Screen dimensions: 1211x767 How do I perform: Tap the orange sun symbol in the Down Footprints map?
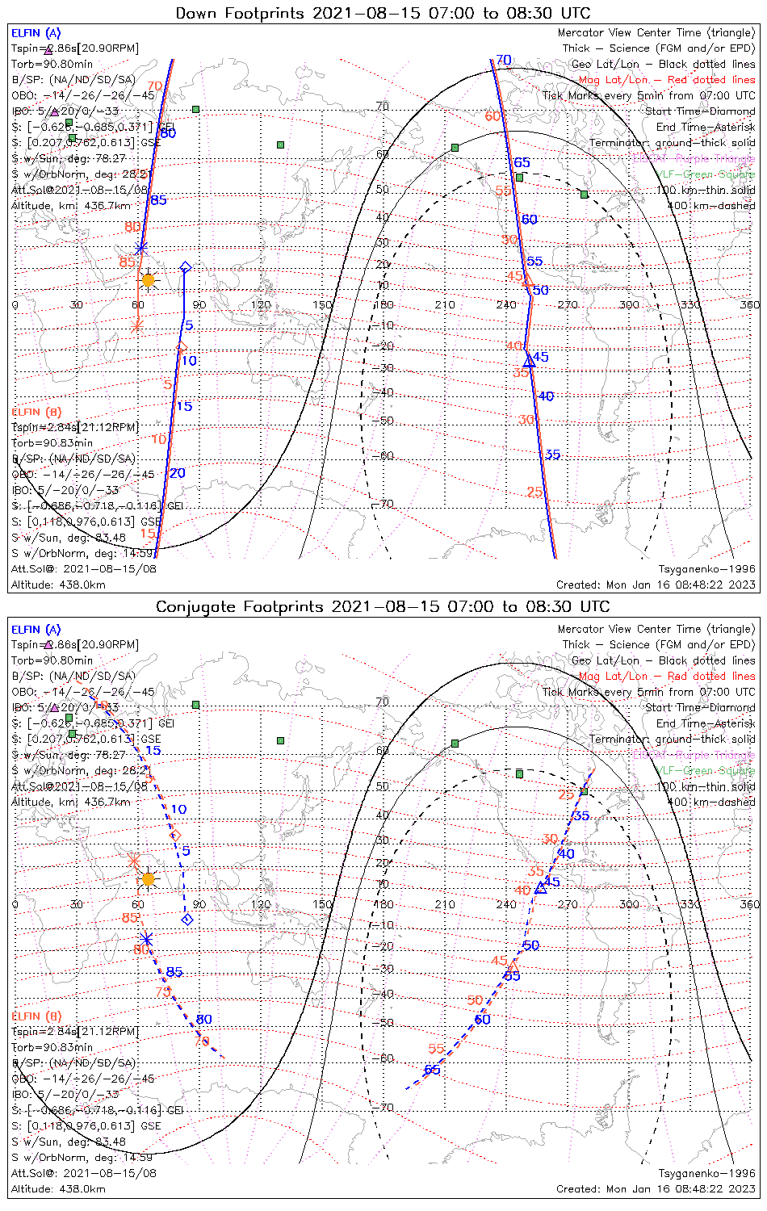[x=148, y=280]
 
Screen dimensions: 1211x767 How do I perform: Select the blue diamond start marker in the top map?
[x=185, y=267]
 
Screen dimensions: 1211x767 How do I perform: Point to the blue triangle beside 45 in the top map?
[x=530, y=360]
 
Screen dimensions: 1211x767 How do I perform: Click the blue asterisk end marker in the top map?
[x=142, y=248]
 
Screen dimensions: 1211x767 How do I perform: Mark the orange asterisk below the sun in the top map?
[x=136, y=325]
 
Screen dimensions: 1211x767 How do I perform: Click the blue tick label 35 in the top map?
[x=552, y=455]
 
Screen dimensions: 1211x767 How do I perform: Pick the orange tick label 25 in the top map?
[x=534, y=492]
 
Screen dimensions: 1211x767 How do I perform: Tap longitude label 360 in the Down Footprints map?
[x=749, y=304]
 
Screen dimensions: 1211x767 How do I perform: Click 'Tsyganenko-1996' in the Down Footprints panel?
[x=706, y=569]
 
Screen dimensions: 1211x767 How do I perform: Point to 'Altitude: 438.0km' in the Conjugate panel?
[x=58, y=1188]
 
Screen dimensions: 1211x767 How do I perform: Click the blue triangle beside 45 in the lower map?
[x=541, y=888]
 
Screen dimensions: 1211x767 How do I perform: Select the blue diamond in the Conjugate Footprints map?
[x=187, y=920]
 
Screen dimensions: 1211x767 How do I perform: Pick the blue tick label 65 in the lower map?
[x=432, y=1070]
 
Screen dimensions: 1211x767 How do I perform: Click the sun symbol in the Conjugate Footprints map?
[x=148, y=878]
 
